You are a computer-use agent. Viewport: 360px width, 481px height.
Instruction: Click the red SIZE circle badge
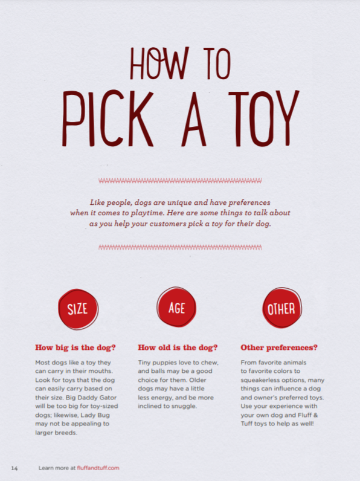(x=77, y=309)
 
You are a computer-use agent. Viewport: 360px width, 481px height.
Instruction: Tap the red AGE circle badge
(x=177, y=308)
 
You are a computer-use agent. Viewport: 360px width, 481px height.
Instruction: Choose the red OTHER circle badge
(x=281, y=309)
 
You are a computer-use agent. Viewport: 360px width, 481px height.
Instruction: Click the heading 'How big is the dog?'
(x=76, y=348)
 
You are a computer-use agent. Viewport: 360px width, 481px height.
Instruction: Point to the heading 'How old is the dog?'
(x=178, y=348)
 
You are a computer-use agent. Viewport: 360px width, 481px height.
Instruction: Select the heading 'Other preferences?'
(x=279, y=348)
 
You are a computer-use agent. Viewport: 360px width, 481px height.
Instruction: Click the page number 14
(x=14, y=468)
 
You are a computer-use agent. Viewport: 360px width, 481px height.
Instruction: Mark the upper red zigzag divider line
(x=180, y=179)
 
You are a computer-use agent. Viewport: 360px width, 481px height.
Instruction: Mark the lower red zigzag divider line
(x=180, y=247)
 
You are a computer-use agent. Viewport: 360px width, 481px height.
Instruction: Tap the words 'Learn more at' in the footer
(x=56, y=468)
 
